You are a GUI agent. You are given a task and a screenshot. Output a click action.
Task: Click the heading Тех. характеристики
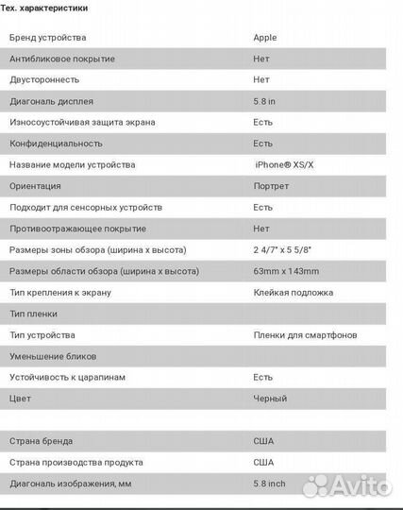[45, 8]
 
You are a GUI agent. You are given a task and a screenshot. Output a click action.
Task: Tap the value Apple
[265, 38]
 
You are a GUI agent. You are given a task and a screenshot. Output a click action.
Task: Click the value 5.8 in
[265, 101]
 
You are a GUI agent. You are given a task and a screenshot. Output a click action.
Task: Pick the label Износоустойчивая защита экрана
[82, 122]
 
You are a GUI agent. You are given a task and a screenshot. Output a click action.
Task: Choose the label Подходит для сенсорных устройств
[86, 207]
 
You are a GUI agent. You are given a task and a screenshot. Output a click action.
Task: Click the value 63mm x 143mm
[286, 271]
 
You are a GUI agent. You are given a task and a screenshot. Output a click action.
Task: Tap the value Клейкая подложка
[291, 293]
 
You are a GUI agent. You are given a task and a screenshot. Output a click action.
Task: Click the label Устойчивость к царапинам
[67, 377]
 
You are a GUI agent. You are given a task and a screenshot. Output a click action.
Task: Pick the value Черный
[270, 399]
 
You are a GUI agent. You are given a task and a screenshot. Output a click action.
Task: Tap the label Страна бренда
[41, 441]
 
